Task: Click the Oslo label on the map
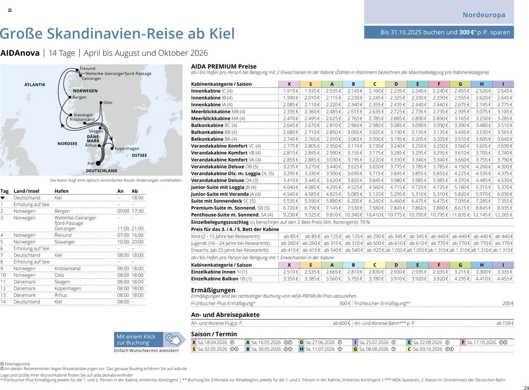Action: [107, 103]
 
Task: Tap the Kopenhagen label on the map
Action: [127, 148]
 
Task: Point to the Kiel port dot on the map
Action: [98, 163]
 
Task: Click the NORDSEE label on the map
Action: [67, 144]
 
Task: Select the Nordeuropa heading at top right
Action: [484, 15]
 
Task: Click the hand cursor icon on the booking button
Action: [174, 340]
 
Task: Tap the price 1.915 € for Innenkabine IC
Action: [289, 91]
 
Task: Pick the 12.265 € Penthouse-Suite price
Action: [503, 215]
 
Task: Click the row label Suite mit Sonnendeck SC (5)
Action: [223, 201]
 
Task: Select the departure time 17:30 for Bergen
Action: [137, 211]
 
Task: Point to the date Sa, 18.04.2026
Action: [213, 342]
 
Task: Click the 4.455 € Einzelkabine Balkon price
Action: [503, 279]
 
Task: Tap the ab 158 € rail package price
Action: [505, 323]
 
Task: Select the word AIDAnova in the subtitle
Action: [20, 53]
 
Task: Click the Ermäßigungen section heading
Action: [213, 290]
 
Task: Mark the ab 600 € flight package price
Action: [341, 323]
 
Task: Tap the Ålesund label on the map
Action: [87, 68]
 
